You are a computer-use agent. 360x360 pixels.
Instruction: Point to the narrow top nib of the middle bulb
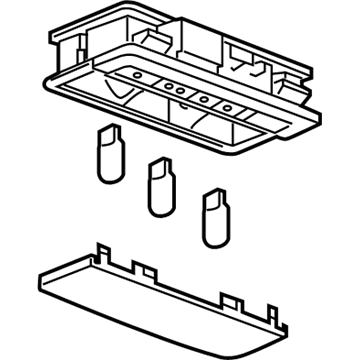(154, 162)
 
